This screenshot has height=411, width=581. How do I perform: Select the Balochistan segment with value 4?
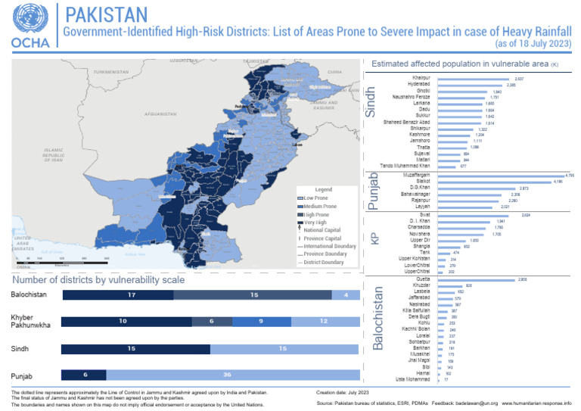pyautogui.click(x=345, y=294)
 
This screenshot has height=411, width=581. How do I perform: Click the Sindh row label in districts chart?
pyautogui.click(x=21, y=349)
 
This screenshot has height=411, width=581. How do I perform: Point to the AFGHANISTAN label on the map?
pyautogui.click(x=160, y=114)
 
